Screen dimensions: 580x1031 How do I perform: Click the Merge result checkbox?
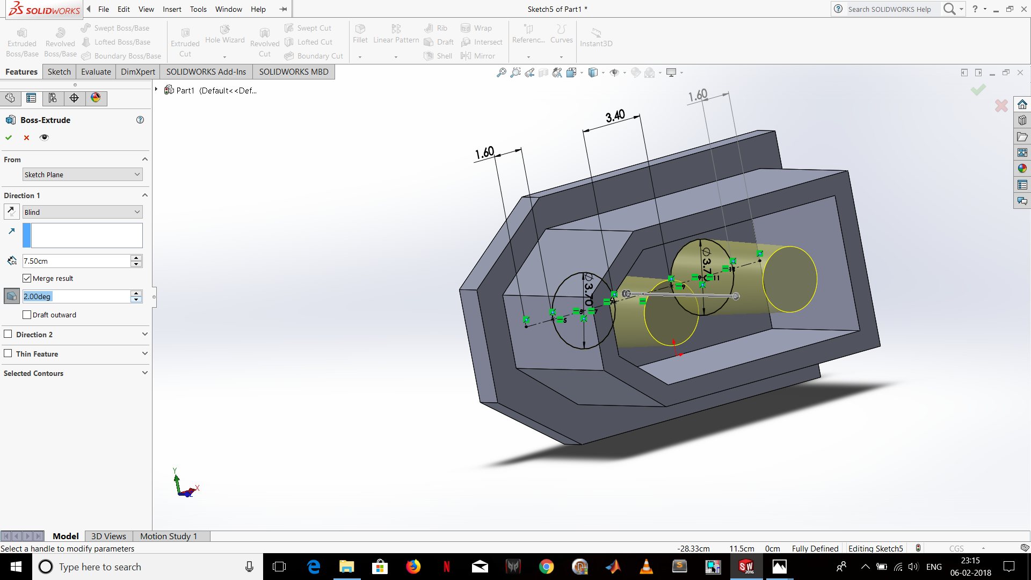tap(27, 278)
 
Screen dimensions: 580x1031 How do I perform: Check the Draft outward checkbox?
tap(27, 315)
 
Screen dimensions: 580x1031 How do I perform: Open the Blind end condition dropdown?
tap(82, 212)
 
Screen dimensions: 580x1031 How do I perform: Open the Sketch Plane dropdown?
tap(82, 175)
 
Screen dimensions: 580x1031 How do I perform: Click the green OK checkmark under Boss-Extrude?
tap(9, 137)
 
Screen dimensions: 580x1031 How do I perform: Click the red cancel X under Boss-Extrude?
tap(26, 137)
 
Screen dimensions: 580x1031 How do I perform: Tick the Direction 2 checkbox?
tap(8, 334)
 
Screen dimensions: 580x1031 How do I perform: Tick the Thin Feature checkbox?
tap(8, 353)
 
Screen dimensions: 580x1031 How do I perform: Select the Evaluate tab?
tap(96, 72)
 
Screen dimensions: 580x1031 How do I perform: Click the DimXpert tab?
tap(137, 72)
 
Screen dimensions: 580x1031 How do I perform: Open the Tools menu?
tap(198, 9)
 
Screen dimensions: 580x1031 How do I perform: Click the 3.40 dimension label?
tap(615, 116)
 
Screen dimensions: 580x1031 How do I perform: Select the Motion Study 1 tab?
tap(169, 536)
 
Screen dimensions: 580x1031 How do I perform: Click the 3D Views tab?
tap(108, 536)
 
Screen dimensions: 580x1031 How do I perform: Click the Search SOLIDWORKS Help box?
tap(889, 9)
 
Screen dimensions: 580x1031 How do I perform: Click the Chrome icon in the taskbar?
tap(546, 567)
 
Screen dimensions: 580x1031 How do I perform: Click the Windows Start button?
tap(16, 567)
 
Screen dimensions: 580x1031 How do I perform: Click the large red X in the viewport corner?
tap(1001, 106)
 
